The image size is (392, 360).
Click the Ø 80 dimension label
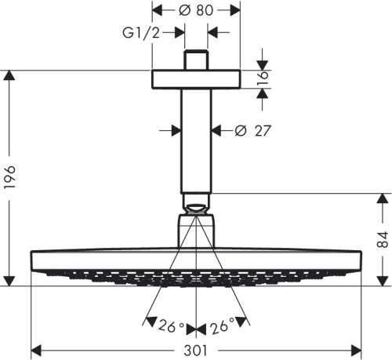(x=195, y=11)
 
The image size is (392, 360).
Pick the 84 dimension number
(x=381, y=239)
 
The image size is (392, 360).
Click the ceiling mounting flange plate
(x=196, y=79)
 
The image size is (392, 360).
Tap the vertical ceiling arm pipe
(x=196, y=141)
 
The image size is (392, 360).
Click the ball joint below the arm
(x=196, y=208)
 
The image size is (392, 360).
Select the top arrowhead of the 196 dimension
(x=9, y=76)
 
